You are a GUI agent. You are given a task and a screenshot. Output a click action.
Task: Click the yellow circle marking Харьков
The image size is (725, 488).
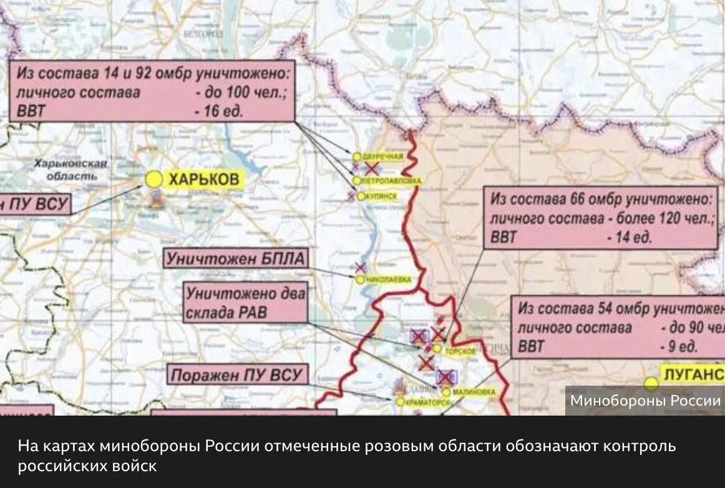(153, 180)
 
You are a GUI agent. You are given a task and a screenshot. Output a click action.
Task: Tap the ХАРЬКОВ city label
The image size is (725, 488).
(203, 180)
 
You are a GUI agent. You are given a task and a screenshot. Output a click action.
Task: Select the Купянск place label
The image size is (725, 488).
(380, 196)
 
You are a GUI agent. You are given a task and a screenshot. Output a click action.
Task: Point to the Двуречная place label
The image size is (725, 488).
(382, 157)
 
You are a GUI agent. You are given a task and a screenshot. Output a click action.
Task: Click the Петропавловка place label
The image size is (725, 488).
(391, 180)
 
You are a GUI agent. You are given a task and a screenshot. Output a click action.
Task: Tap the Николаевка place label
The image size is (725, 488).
(388, 280)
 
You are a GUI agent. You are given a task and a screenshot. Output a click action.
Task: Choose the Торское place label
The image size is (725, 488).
(460, 351)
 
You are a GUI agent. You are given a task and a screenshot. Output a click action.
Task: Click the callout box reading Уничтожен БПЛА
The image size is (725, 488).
(236, 258)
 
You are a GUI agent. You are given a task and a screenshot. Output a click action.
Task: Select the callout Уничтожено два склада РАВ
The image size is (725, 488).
(246, 302)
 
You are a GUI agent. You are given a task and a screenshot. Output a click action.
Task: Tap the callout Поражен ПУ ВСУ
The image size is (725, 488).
(237, 375)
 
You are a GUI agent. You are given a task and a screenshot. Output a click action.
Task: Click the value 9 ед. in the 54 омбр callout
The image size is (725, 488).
(678, 346)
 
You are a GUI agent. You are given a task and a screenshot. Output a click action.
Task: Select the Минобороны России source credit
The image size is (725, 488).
(645, 401)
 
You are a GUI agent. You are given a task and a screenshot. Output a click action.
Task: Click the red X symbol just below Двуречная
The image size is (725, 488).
(372, 168)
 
